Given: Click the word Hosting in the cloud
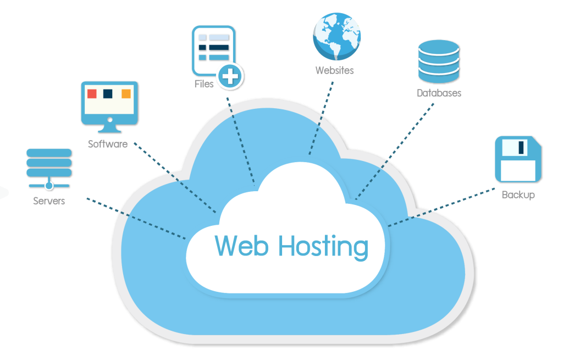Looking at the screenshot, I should point(323,247).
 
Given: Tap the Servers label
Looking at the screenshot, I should point(49,201).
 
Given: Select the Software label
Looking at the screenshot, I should point(108,145).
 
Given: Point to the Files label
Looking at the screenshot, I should point(204,85).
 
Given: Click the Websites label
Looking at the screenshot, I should point(334,71).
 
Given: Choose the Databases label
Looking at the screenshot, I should point(438,93).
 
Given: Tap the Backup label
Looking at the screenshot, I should point(518,195).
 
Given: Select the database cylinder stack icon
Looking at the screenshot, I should point(438,61).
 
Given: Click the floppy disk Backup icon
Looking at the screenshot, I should point(518,159).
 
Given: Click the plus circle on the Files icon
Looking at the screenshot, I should point(230,76).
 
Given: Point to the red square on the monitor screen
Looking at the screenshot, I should point(92,93).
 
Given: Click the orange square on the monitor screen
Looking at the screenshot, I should point(126,93).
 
